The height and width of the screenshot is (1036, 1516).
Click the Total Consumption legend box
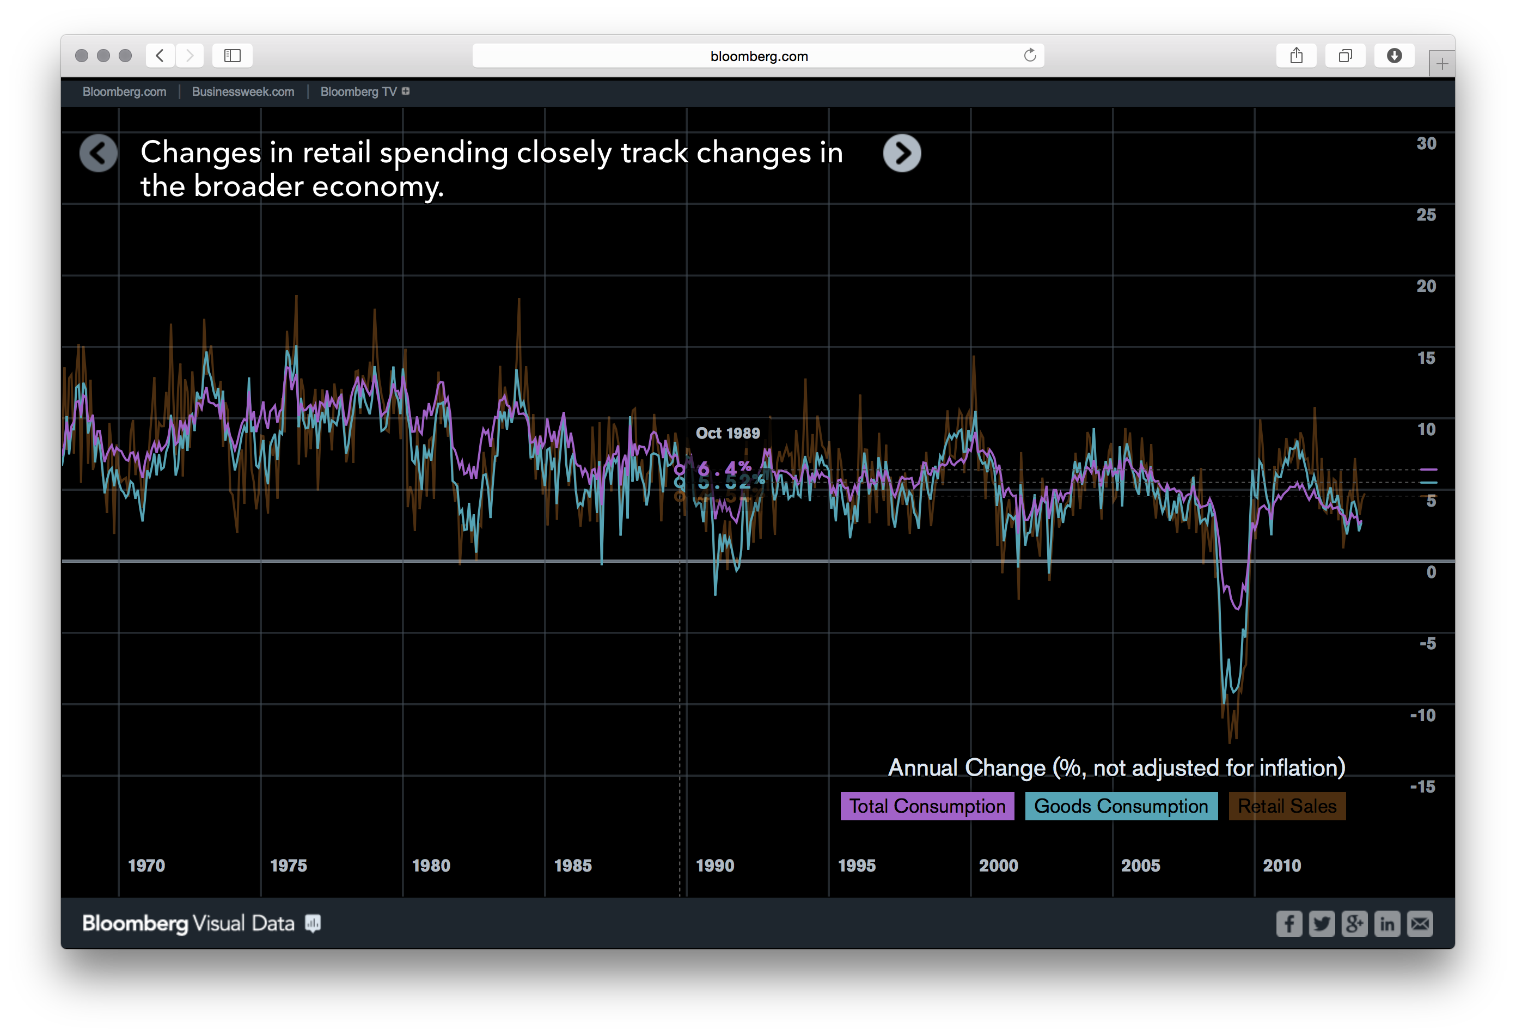pyautogui.click(x=927, y=806)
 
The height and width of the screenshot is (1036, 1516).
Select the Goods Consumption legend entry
pyautogui.click(x=1121, y=806)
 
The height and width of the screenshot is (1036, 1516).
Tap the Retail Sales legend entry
pyautogui.click(x=1286, y=806)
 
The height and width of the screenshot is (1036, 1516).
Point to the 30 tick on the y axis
pyautogui.click(x=1426, y=144)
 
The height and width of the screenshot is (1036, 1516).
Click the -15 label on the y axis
pyautogui.click(x=1423, y=787)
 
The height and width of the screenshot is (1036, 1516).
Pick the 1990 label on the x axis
pyautogui.click(x=715, y=866)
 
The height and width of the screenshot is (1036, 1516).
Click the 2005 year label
pyautogui.click(x=1140, y=866)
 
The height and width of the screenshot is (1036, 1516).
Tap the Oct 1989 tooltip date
pyautogui.click(x=728, y=433)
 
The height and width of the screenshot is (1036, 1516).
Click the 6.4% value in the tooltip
pyautogui.click(x=724, y=468)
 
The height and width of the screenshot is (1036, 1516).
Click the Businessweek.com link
pyautogui.click(x=243, y=92)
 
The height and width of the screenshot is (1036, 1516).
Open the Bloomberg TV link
pyautogui.click(x=358, y=92)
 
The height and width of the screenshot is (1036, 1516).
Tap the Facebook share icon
pyautogui.click(x=1288, y=924)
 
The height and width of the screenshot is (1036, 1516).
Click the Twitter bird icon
pyautogui.click(x=1322, y=924)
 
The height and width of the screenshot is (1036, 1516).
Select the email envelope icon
pyautogui.click(x=1420, y=924)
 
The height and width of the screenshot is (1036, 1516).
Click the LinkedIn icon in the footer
pyautogui.click(x=1387, y=924)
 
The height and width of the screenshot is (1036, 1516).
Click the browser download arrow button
pyautogui.click(x=1394, y=56)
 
